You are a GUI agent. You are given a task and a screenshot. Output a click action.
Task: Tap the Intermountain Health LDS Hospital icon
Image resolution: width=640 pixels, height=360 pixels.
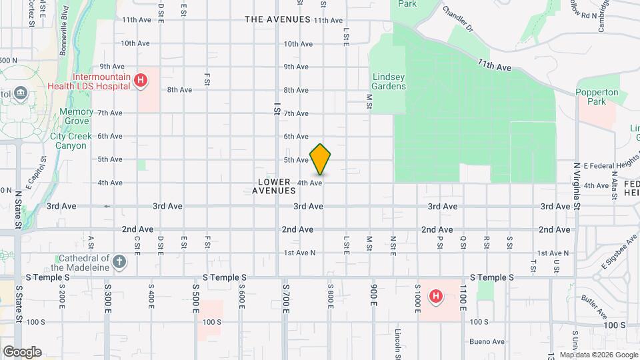pos(140,81)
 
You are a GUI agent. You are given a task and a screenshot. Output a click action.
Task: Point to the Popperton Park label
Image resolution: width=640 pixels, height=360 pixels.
pos(597,97)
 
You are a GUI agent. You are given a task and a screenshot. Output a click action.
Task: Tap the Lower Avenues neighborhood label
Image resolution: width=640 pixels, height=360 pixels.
pos(274,186)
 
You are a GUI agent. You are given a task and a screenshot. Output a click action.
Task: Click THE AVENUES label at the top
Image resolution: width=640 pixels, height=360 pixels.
pos(277,19)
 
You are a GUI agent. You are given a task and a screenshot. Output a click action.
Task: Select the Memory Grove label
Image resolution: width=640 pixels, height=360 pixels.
pos(76,117)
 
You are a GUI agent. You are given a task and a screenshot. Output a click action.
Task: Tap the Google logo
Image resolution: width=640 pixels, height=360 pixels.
pos(22,351)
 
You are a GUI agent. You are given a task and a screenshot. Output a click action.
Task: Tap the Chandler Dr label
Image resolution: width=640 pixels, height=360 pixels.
pos(457,20)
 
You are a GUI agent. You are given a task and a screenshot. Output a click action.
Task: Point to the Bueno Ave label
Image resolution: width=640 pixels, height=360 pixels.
pos(487,341)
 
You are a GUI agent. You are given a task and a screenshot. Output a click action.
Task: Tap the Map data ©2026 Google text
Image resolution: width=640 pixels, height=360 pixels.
pos(598,354)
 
